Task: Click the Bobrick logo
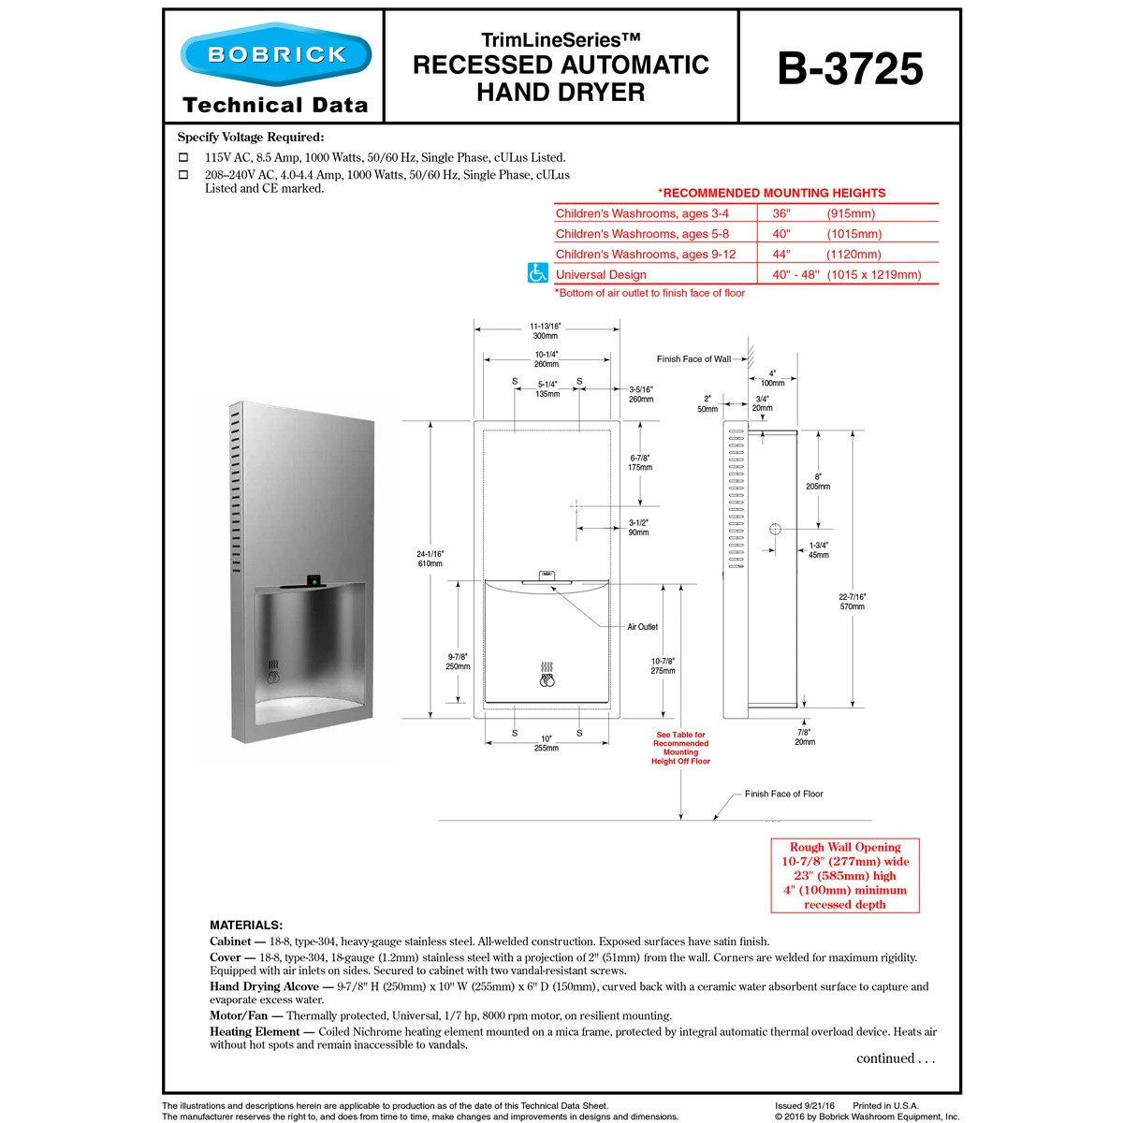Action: (x=276, y=55)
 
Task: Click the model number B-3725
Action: (x=850, y=68)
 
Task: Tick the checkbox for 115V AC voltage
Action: (x=183, y=158)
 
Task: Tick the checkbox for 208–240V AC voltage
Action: (x=183, y=175)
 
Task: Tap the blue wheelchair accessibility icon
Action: (x=537, y=273)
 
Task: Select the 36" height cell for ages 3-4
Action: (x=781, y=213)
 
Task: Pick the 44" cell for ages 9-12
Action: (x=781, y=254)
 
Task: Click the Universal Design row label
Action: (x=601, y=275)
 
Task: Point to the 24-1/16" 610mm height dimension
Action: (x=430, y=559)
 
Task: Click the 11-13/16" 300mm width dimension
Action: (x=546, y=331)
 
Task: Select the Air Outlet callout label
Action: (x=642, y=627)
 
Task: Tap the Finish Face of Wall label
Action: (x=693, y=359)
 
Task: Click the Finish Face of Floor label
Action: (x=783, y=794)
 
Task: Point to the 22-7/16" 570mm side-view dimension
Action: (x=852, y=602)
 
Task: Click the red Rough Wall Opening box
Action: (x=844, y=875)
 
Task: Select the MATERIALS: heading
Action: (x=246, y=925)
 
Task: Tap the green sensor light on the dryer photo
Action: (x=314, y=579)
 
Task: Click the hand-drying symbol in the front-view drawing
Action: (x=547, y=674)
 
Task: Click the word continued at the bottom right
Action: (x=885, y=1058)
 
